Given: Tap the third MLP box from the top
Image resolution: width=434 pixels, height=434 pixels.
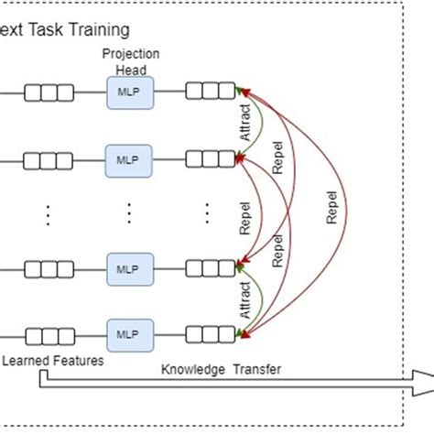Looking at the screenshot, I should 129,269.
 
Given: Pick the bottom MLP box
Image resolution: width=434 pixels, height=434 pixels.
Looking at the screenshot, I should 129,335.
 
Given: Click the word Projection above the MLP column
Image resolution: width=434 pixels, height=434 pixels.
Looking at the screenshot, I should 130,53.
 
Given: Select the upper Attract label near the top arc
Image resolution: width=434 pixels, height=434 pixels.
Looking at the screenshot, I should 244,125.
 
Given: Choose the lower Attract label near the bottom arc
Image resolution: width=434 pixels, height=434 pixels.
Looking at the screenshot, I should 244,300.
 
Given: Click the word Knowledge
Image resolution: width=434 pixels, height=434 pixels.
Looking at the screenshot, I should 193,370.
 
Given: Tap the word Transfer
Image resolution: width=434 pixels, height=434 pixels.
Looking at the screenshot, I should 255,370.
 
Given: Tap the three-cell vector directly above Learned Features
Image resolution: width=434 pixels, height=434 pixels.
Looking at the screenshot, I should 49,335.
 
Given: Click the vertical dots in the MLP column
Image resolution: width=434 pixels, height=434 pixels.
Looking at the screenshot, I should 129,212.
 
